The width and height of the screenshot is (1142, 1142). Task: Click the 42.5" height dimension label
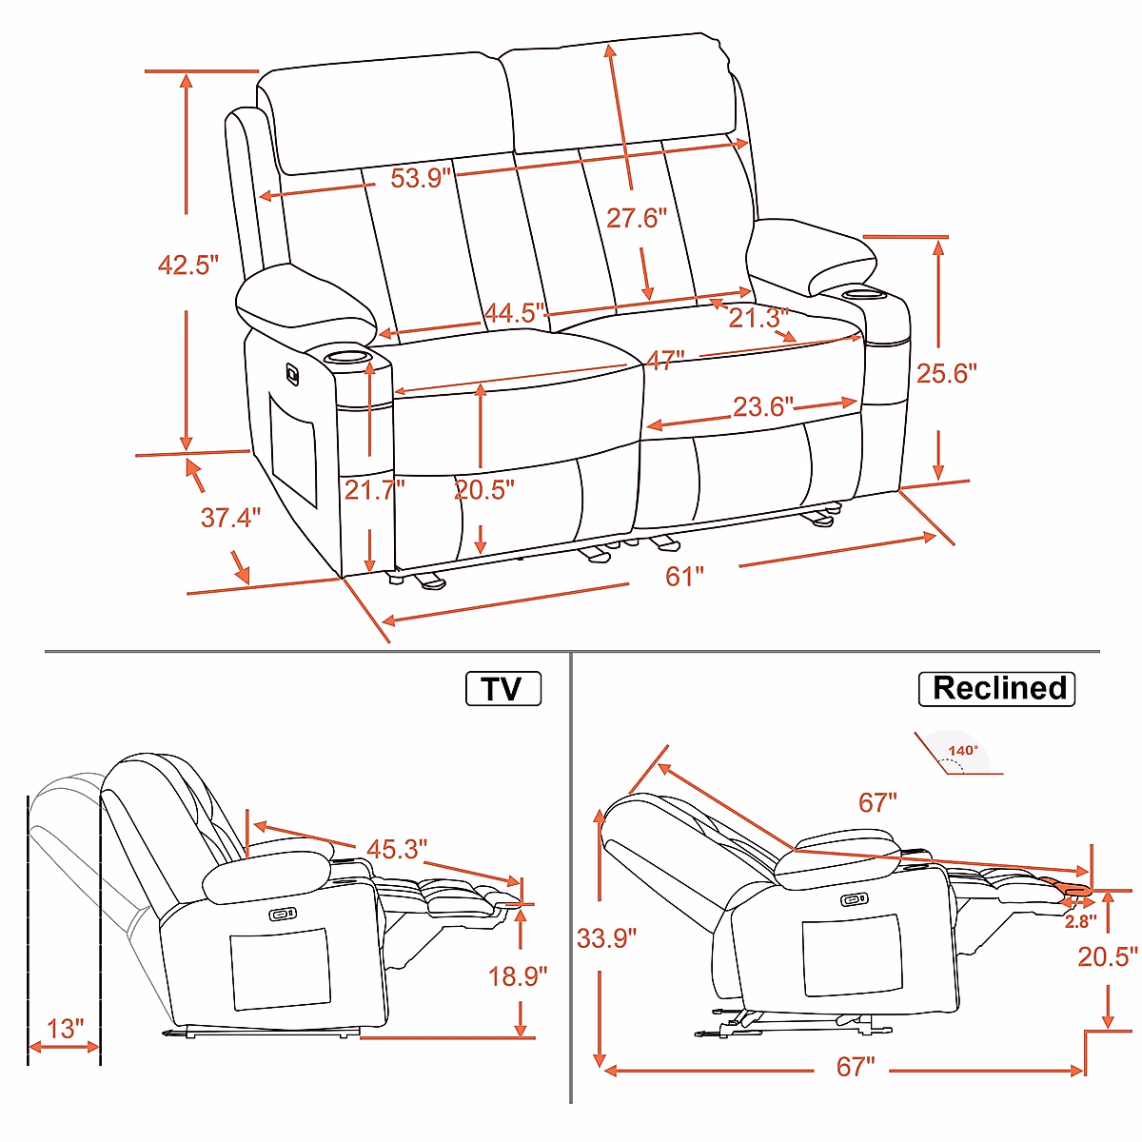[x=187, y=265]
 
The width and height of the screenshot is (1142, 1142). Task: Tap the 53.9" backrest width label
[x=421, y=178]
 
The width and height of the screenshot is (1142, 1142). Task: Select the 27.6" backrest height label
[x=637, y=219]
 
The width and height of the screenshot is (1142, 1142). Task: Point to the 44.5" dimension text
[x=514, y=313]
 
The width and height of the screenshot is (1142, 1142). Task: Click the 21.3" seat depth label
[x=758, y=318]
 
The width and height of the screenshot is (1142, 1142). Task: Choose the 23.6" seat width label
[x=762, y=407]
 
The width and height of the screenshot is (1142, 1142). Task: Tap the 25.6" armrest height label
[x=946, y=373]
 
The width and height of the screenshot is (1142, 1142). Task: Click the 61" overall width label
[x=684, y=577]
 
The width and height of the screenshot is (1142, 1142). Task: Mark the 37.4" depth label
[x=230, y=518]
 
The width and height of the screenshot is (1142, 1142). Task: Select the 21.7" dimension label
[x=375, y=490]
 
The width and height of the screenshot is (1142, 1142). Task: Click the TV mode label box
[x=503, y=689]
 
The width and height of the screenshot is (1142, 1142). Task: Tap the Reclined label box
[x=996, y=689]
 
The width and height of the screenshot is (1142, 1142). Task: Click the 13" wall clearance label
[x=66, y=1029]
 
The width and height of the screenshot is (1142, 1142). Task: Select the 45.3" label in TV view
[x=397, y=849]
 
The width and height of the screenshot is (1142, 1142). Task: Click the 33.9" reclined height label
[x=606, y=938]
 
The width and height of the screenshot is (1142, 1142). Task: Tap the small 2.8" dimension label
[x=1080, y=921]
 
